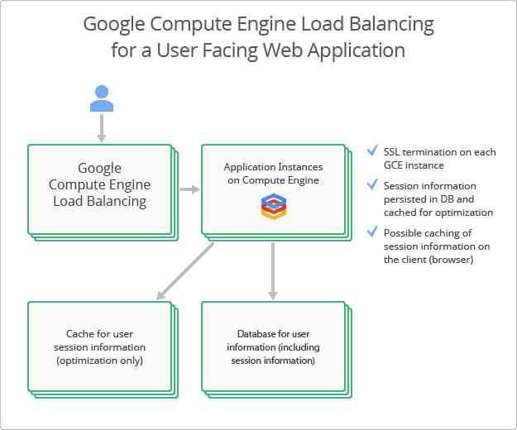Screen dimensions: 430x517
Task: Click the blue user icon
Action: click(x=102, y=97)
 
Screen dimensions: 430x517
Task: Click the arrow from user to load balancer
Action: click(x=102, y=128)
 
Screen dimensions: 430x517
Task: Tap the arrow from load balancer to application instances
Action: click(x=190, y=189)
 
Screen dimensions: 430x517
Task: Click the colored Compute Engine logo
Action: click(x=272, y=206)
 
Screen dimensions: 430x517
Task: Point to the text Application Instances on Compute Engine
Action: click(x=271, y=174)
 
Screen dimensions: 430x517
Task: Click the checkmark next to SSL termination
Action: click(x=372, y=151)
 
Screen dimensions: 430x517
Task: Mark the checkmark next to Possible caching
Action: click(x=372, y=232)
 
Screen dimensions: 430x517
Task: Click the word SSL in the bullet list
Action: click(x=392, y=152)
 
